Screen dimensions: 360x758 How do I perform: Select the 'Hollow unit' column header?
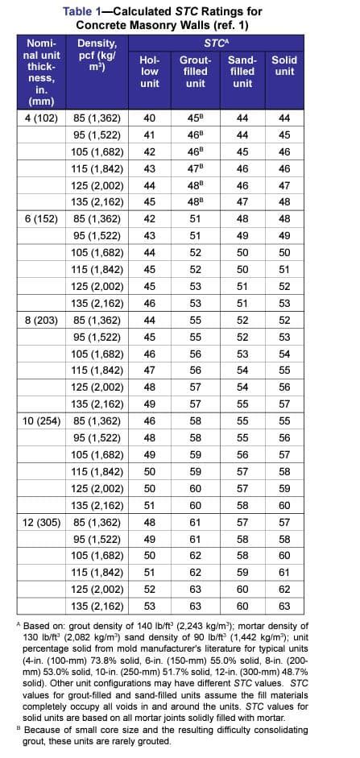coord(150,71)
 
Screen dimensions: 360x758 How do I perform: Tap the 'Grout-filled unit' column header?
coord(196,71)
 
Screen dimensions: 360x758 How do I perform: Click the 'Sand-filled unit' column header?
coord(242,71)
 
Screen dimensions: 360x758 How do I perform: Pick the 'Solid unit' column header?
coord(283,65)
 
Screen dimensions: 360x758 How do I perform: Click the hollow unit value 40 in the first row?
coord(149,118)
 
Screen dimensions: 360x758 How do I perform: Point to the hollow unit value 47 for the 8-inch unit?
coord(149,370)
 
